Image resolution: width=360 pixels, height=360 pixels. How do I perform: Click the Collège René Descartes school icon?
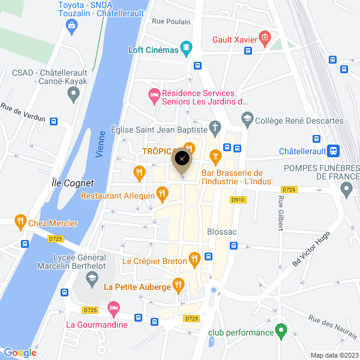click(x=247, y=121)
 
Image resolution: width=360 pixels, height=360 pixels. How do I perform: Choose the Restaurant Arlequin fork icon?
click(x=161, y=193)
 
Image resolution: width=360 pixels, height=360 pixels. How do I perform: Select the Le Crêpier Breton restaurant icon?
click(x=194, y=259)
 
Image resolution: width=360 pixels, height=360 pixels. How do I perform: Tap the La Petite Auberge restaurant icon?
click(x=178, y=284)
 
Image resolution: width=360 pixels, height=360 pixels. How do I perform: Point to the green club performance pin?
click(x=280, y=331)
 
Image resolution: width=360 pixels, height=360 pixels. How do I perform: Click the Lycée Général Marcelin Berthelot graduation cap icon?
click(x=91, y=277)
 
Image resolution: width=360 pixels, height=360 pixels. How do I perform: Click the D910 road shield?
click(x=238, y=200)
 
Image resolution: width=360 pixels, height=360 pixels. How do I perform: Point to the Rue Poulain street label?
click(x=171, y=22)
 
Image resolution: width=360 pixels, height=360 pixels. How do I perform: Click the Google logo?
click(x=20, y=353)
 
